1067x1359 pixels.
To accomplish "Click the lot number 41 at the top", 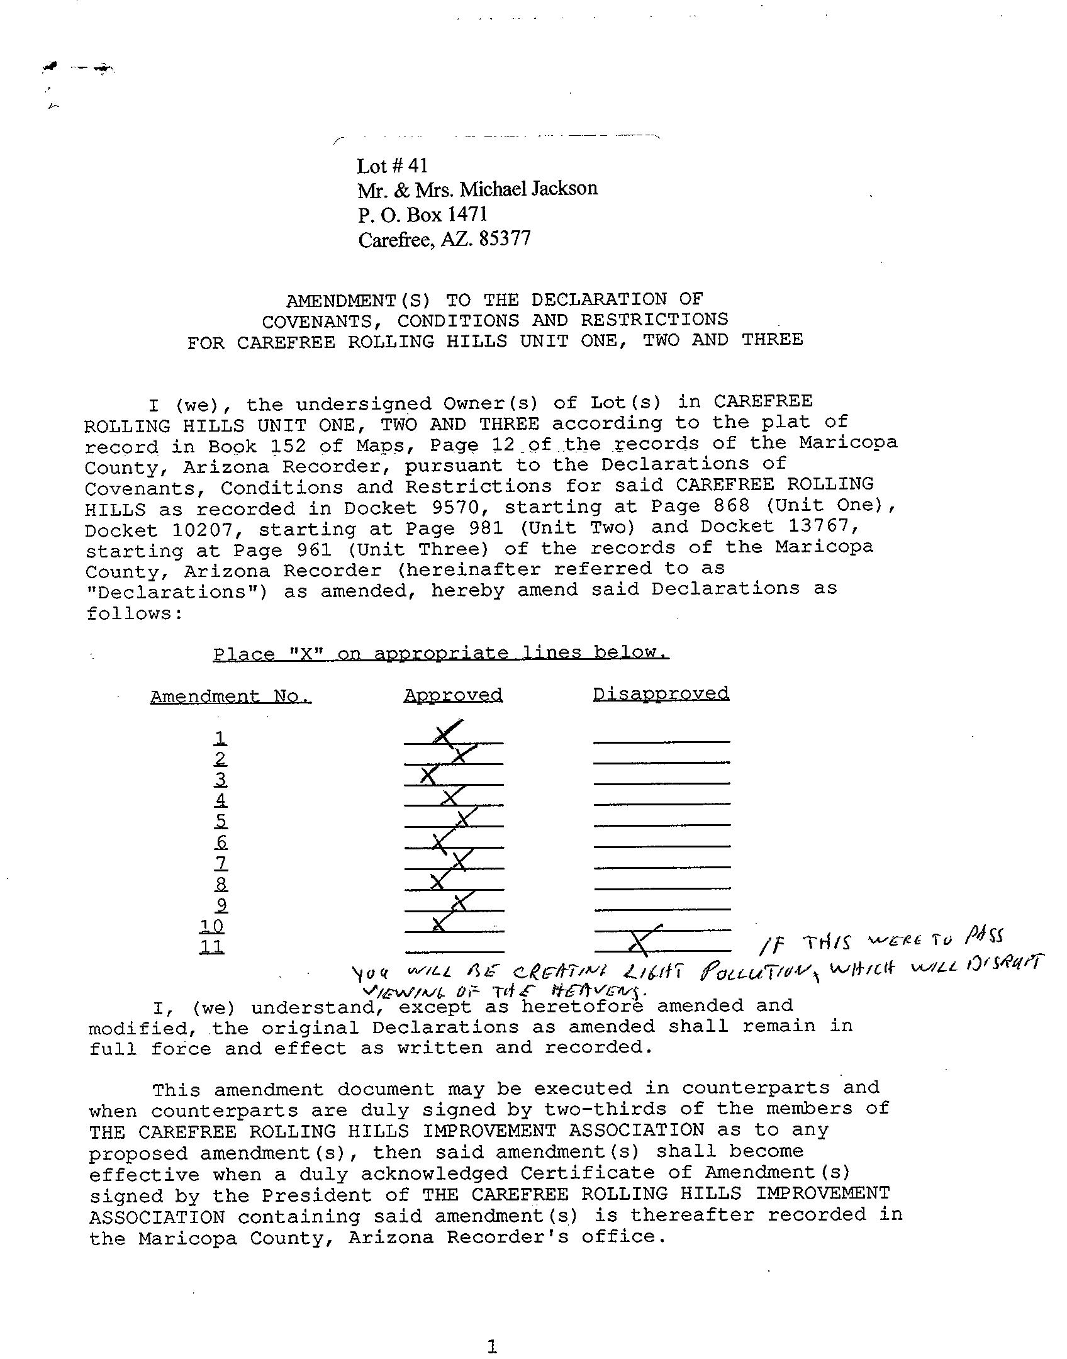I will click(x=418, y=166).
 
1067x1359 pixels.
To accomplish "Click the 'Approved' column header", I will click(x=453, y=695).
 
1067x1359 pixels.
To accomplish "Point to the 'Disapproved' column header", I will click(x=661, y=694).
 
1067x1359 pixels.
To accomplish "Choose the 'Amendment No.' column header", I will click(x=230, y=697).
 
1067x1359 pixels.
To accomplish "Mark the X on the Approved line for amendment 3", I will click(x=429, y=776).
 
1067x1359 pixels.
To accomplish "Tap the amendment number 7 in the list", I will click(x=221, y=863).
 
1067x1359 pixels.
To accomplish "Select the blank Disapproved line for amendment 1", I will click(x=661, y=741).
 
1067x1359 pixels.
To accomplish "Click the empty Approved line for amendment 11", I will click(x=454, y=950).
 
